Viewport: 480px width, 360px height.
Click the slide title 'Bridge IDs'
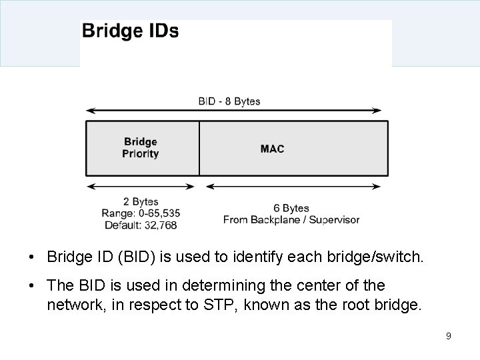(x=130, y=31)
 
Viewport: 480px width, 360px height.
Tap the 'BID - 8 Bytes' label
(x=229, y=101)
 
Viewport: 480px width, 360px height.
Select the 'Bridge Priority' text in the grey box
(x=141, y=147)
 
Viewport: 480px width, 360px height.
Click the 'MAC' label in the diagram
(x=272, y=148)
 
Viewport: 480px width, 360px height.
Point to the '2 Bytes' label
(x=141, y=201)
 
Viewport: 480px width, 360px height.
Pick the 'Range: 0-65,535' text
(x=141, y=213)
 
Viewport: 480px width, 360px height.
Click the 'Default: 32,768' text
(x=141, y=225)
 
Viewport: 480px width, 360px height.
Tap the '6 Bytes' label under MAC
(x=291, y=208)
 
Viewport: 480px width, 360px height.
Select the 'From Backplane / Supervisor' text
(x=291, y=219)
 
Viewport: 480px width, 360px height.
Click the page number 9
(x=449, y=336)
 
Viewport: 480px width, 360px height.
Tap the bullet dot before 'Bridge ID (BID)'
(x=32, y=257)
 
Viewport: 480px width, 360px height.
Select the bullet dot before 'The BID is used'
(x=32, y=287)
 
